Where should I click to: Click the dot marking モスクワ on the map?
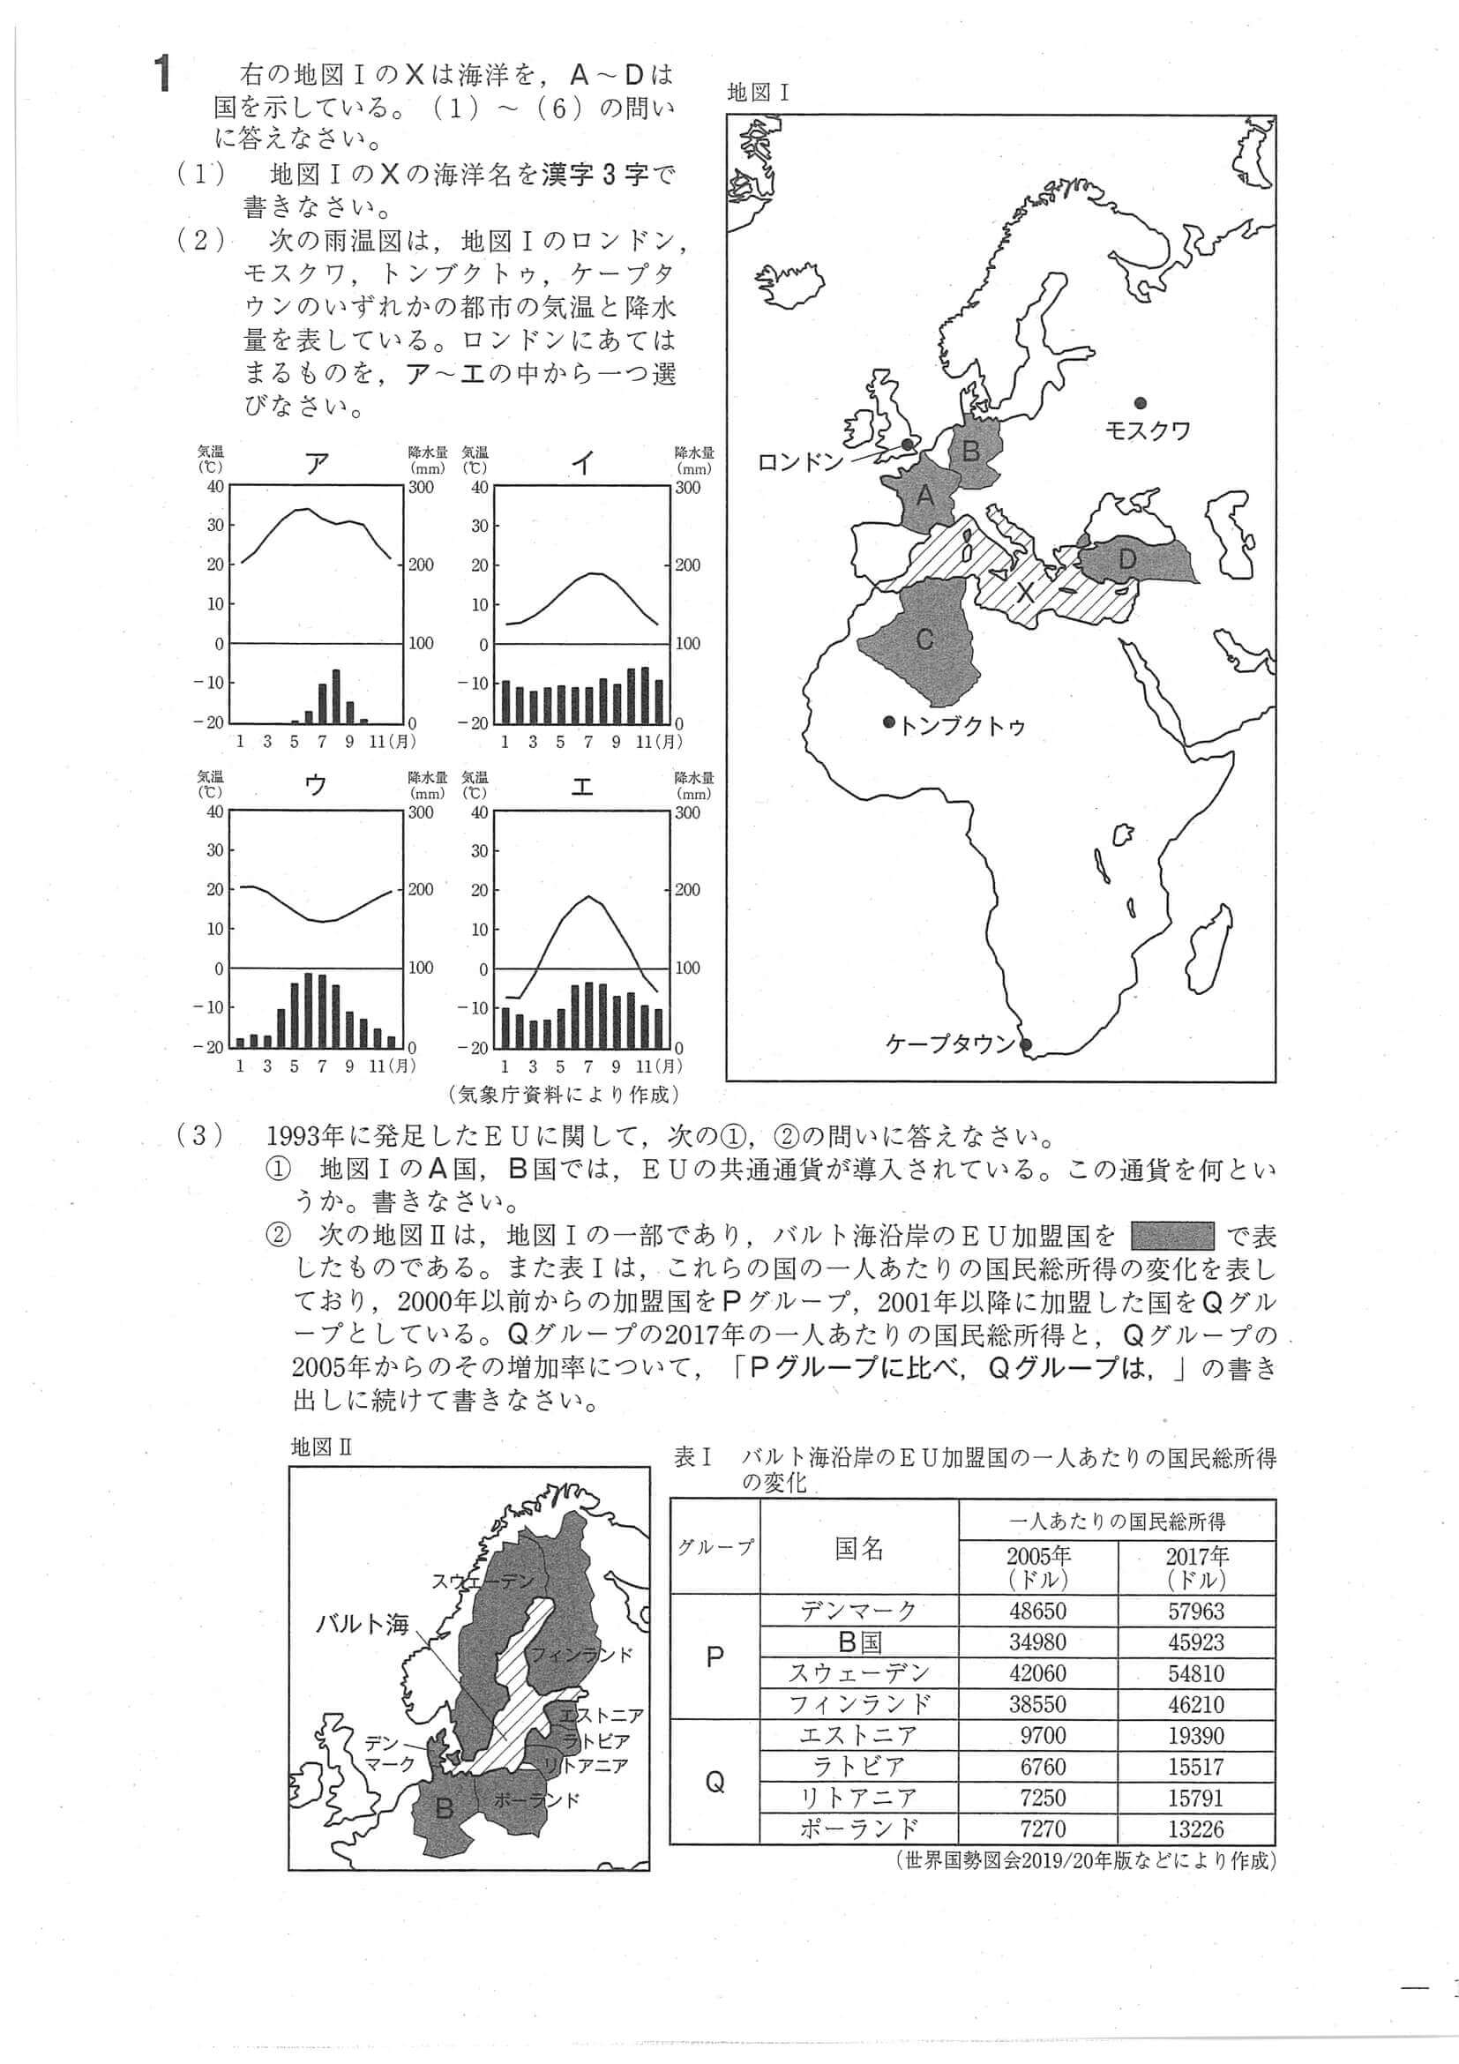click(x=1140, y=402)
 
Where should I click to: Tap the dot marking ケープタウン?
click(x=1027, y=1044)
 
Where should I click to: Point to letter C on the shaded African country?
click(x=924, y=639)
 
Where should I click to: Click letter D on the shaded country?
click(x=1126, y=559)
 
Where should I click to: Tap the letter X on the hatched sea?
click(x=1025, y=592)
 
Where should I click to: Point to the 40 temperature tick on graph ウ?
click(x=215, y=811)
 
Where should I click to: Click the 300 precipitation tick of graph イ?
click(x=687, y=488)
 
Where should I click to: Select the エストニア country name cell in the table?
click(x=857, y=1735)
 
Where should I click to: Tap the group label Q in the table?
click(x=715, y=1782)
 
